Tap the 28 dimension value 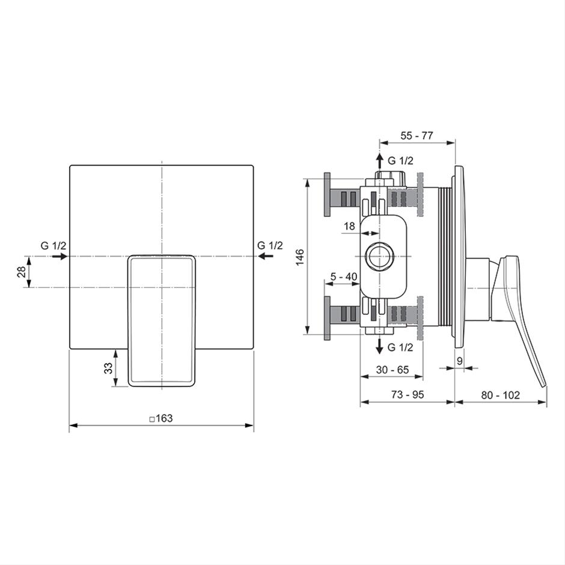pos(22,272)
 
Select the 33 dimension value pos(108,368)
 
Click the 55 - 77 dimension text pos(417,135)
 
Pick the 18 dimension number pos(350,226)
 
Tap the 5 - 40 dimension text pos(344,276)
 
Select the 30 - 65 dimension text pos(392,370)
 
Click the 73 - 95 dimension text pos(407,394)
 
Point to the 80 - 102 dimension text pos(501,395)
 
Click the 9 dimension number pos(459,361)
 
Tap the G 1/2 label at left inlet pos(53,246)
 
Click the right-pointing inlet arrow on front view pos(60,256)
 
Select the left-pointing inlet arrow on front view pos(266,256)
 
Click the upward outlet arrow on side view pos(379,161)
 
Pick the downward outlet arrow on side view pos(379,346)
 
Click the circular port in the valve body pos(379,256)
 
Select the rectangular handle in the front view pos(162,321)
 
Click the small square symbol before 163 pos(153,419)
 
